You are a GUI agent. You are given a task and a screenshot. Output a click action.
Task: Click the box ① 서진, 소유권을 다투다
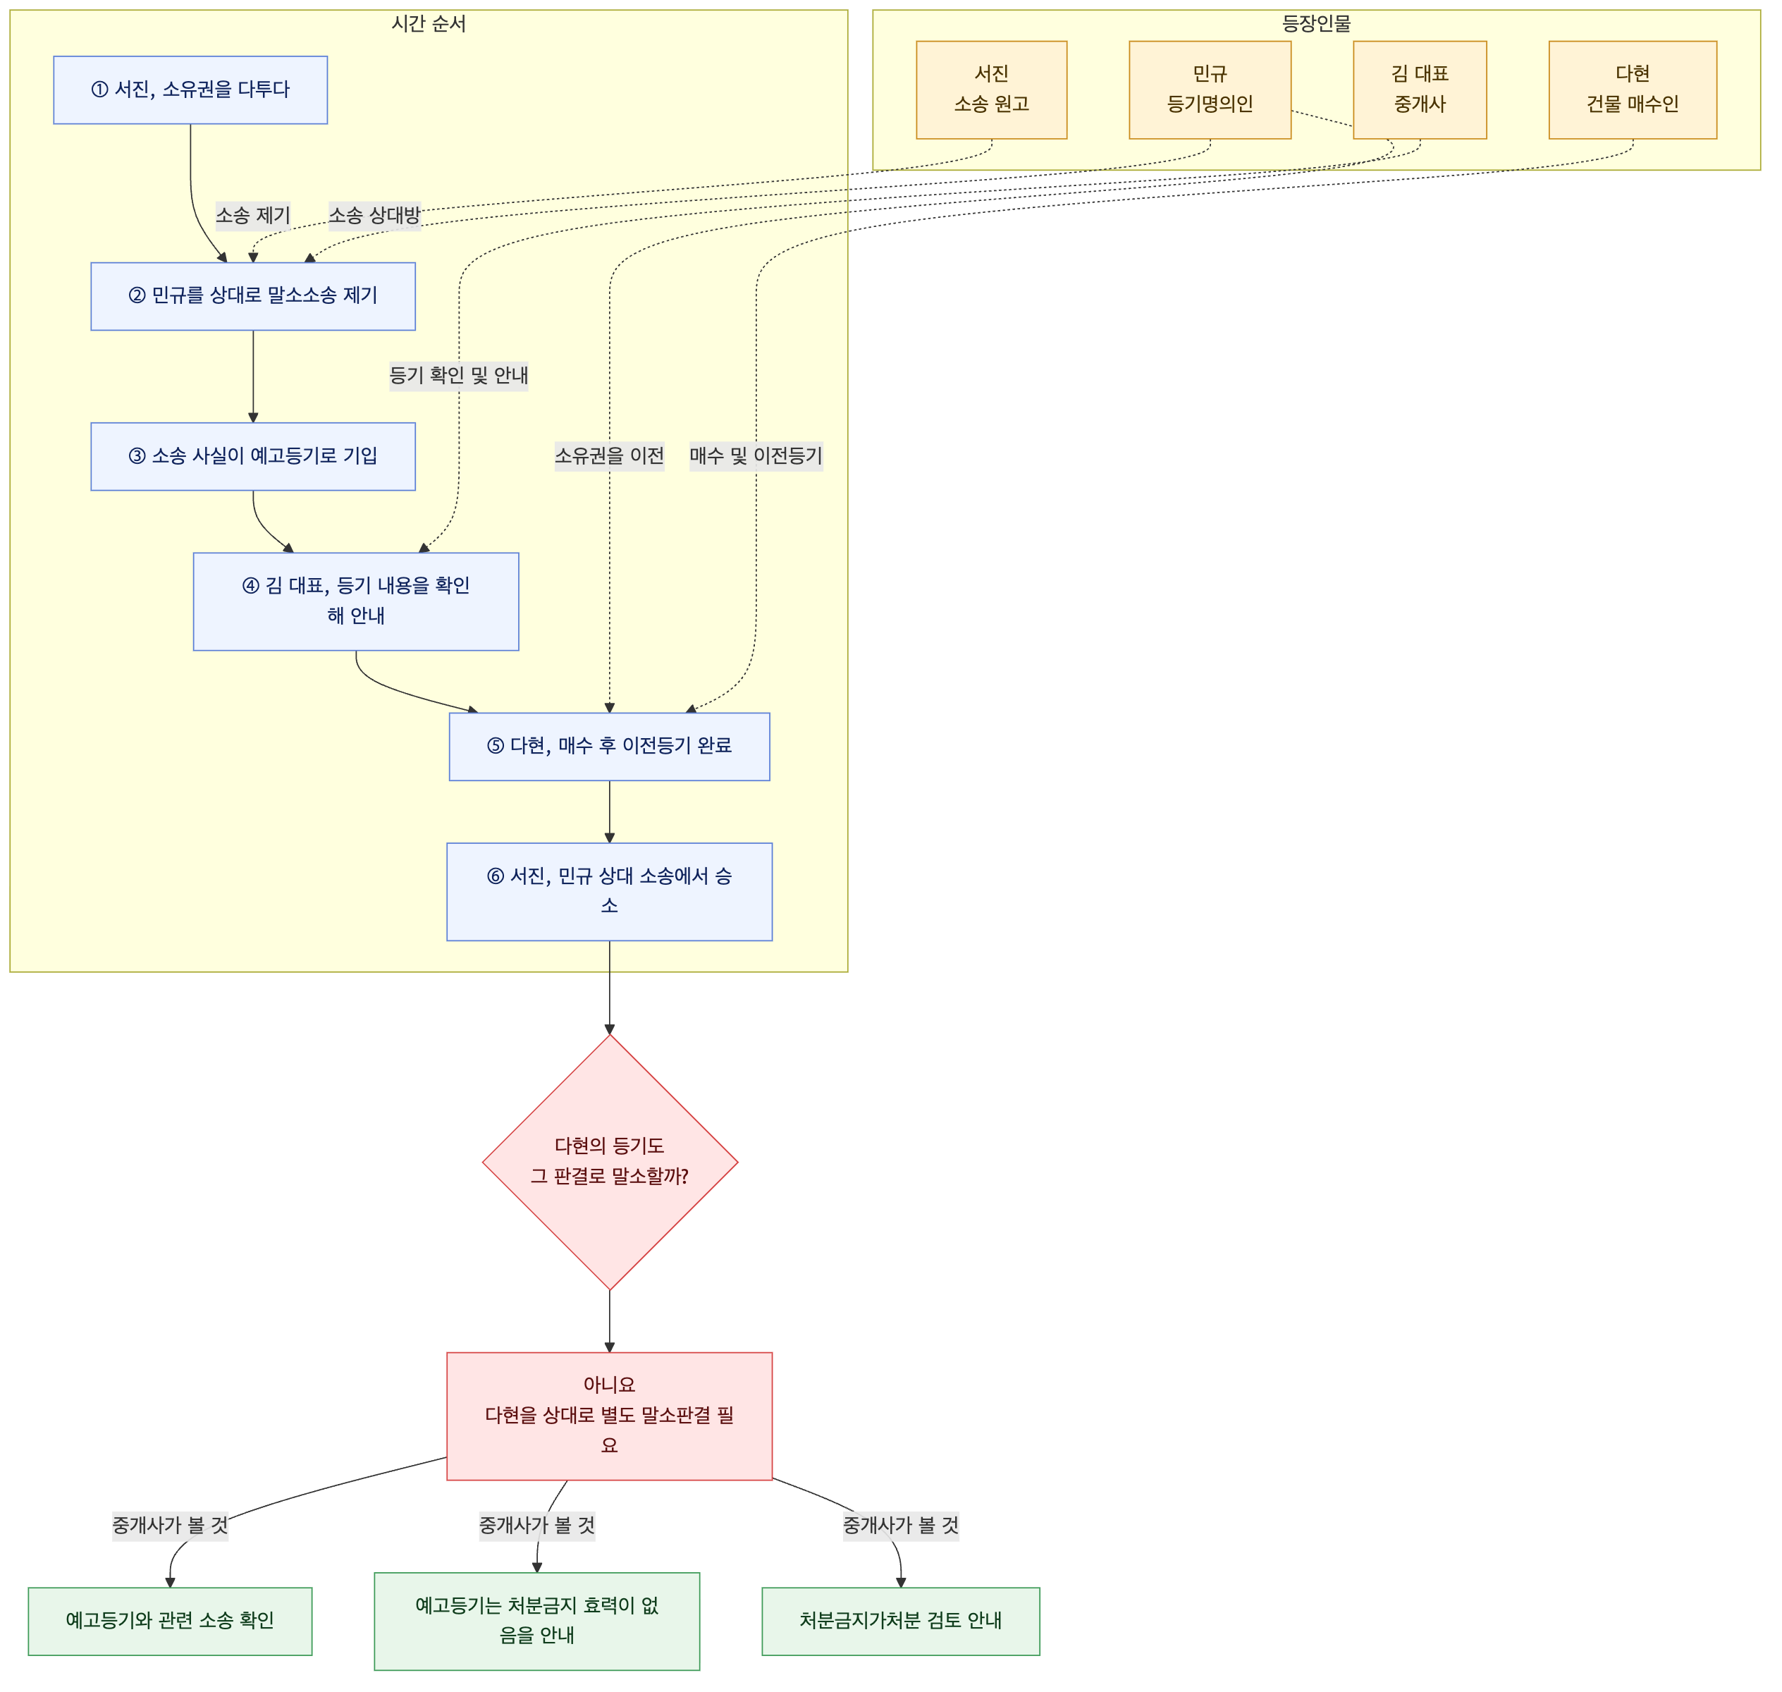click(x=190, y=90)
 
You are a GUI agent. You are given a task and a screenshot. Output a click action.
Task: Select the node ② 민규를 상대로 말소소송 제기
click(x=253, y=297)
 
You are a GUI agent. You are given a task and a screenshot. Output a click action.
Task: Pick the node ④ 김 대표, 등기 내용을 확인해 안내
click(x=356, y=601)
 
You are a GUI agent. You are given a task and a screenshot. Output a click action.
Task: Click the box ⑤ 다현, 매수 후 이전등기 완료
click(x=610, y=747)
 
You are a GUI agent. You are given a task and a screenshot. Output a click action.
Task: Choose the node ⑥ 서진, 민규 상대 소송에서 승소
click(x=610, y=892)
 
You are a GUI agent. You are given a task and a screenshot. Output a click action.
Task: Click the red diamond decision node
click(x=610, y=1163)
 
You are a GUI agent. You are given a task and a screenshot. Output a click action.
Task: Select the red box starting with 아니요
click(x=610, y=1417)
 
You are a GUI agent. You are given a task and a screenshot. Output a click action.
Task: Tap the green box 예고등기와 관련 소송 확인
click(x=171, y=1621)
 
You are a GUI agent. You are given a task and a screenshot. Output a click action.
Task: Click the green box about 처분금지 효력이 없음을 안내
click(x=537, y=1621)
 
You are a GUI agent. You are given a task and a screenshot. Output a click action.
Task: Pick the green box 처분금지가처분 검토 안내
click(x=901, y=1621)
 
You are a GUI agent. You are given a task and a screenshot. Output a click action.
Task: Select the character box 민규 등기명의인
click(x=1210, y=90)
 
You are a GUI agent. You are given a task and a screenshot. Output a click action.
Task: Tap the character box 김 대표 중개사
click(x=1420, y=90)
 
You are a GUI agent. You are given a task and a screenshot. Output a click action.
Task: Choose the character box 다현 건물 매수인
click(x=1633, y=90)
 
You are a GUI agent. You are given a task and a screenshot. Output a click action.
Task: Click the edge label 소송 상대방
click(x=374, y=216)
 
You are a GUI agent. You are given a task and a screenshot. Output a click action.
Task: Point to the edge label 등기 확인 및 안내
click(x=459, y=375)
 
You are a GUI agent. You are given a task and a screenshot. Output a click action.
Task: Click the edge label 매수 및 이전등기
click(x=756, y=456)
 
